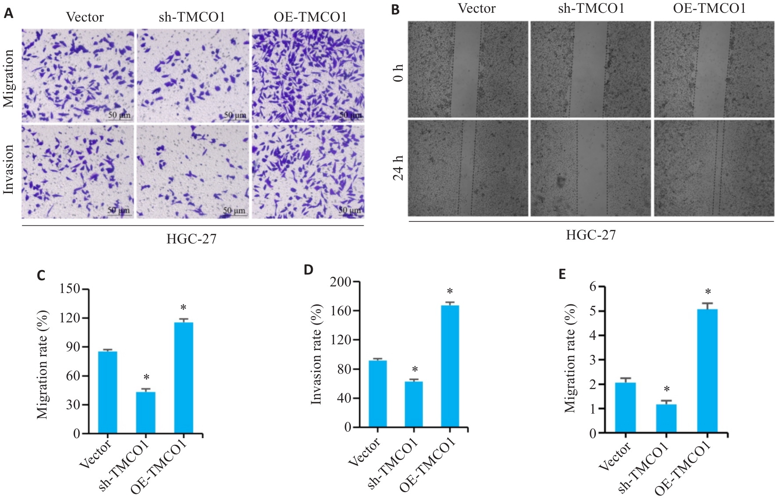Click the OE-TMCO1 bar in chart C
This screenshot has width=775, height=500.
(x=184, y=378)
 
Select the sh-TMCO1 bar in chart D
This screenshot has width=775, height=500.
(x=414, y=404)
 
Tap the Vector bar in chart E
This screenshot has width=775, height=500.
(x=625, y=408)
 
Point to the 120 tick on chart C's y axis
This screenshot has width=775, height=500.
(x=70, y=318)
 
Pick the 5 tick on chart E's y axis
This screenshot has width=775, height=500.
(x=593, y=311)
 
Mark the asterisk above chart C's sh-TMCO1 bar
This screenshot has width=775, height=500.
(x=146, y=378)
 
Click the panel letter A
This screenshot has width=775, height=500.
(x=8, y=14)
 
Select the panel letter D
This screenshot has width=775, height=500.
(x=308, y=269)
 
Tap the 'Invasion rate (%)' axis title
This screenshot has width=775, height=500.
(x=316, y=354)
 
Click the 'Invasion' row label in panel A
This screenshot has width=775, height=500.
(x=8, y=169)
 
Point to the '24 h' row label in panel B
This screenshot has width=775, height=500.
(x=398, y=168)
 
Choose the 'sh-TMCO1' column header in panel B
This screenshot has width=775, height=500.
(x=591, y=8)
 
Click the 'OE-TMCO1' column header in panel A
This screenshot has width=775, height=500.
(x=310, y=17)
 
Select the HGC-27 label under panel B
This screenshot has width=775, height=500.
(x=591, y=235)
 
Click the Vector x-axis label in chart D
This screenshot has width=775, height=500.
(x=364, y=453)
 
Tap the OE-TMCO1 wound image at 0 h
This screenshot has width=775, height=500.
(x=714, y=69)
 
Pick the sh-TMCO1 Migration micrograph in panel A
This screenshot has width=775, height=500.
(x=192, y=75)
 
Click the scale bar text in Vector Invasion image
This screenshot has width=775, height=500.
(x=119, y=211)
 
